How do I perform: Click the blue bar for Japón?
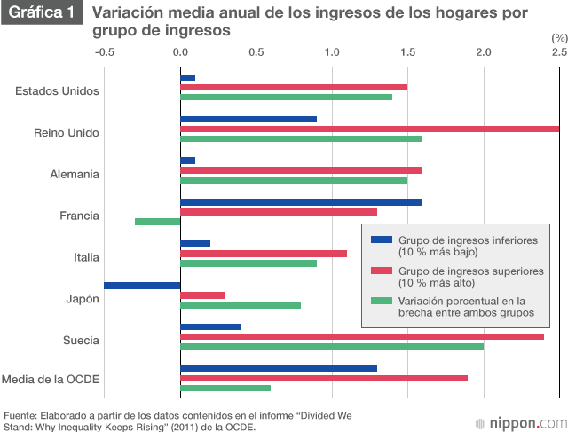click(x=142, y=286)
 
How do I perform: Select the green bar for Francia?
click(x=158, y=222)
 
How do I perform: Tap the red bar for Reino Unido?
click(x=369, y=130)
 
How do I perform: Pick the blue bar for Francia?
click(x=301, y=201)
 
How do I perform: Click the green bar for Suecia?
click(x=332, y=346)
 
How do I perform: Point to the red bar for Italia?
click(x=264, y=254)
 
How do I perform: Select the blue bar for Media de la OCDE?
click(x=279, y=368)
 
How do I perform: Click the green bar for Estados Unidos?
click(x=286, y=97)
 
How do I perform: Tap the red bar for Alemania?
click(x=301, y=170)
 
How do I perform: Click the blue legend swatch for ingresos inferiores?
click(x=382, y=239)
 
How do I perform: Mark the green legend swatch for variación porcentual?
click(x=382, y=301)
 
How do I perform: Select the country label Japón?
click(x=83, y=299)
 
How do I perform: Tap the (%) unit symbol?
click(x=558, y=38)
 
